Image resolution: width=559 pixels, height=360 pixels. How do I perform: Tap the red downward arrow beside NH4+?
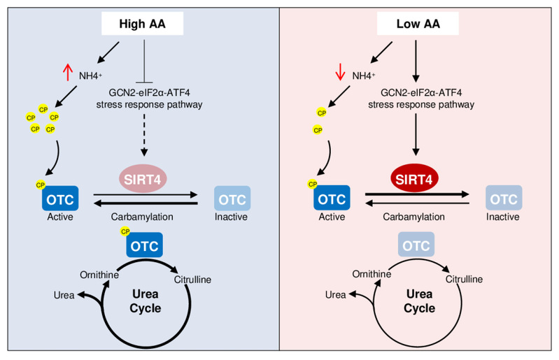tap(341, 71)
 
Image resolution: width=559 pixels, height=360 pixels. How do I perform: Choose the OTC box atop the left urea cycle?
tap(143, 245)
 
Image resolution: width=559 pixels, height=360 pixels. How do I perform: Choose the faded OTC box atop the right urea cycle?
tap(416, 245)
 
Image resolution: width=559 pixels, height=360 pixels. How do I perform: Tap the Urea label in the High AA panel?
tap(64, 294)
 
